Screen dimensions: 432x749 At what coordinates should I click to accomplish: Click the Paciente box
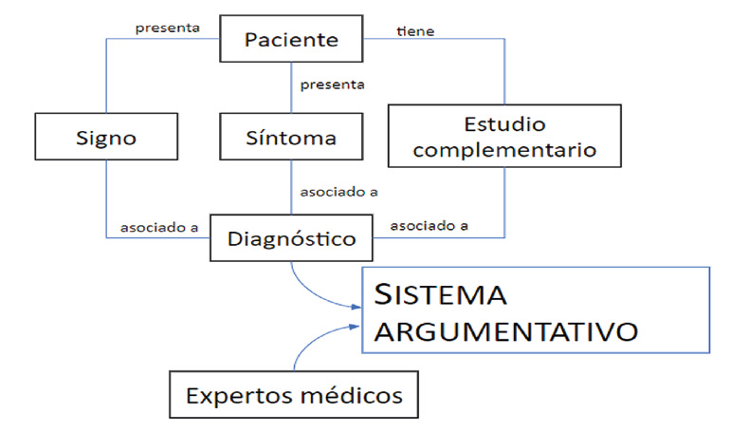coord(291,41)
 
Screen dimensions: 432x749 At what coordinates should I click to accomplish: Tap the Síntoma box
coord(291,137)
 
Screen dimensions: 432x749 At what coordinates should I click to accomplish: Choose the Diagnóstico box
coord(291,238)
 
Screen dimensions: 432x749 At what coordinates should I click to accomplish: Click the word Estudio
coord(505,124)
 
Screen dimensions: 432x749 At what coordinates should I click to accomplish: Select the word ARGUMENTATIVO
coord(505,332)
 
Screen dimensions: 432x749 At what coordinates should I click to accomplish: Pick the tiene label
coord(414,31)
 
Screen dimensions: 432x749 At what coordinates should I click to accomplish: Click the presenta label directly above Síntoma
coord(333,85)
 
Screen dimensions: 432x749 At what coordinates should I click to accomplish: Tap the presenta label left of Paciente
coord(167,28)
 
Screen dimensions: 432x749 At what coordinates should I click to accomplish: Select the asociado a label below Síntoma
coord(338,192)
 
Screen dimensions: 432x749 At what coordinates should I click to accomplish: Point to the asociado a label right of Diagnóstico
coord(429,226)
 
